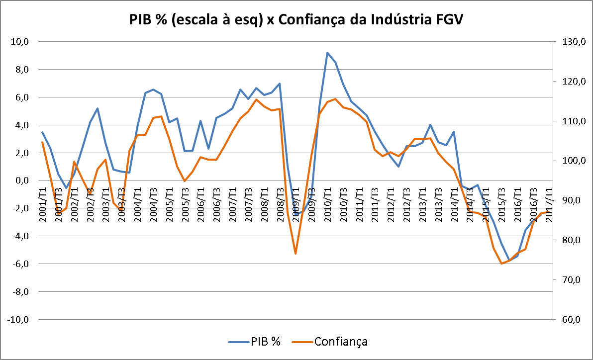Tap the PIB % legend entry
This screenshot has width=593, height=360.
click(x=254, y=342)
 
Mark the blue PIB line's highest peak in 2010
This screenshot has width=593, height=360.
click(x=327, y=53)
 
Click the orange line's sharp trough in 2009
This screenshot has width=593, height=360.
click(x=296, y=254)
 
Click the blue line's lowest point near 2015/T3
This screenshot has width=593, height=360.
click(x=508, y=261)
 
